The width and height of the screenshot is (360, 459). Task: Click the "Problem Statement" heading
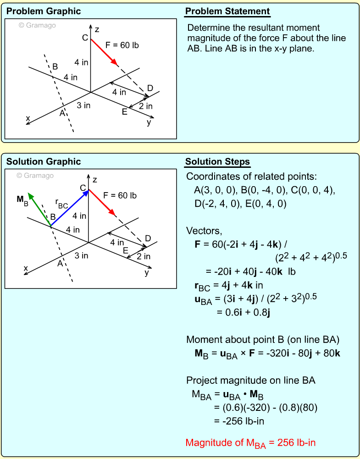pos(227,11)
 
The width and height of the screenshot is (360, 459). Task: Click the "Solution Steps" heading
pos(217,161)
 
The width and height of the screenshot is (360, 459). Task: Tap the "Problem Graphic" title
pos(44,11)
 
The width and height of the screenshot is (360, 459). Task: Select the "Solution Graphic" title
pos(44,161)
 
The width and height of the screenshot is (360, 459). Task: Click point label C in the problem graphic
pos(85,38)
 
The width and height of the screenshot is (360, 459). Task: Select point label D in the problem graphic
pos(150,88)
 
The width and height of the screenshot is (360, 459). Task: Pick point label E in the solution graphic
pos(125,250)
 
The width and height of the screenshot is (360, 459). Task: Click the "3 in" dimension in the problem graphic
pos(83,105)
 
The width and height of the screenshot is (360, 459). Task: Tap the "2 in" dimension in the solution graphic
pos(144,256)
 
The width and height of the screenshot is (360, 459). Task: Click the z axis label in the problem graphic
pos(97,30)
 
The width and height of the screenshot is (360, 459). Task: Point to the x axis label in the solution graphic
pos(26,268)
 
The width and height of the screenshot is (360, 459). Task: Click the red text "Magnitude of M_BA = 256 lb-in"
pos(250,443)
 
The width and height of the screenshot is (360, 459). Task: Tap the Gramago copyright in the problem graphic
pos(37,26)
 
